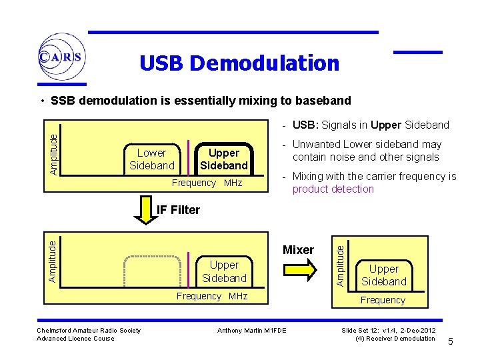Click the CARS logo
pyautogui.click(x=61, y=57)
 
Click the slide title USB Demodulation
pyautogui.click(x=239, y=63)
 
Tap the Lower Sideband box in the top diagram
pyautogui.click(x=152, y=159)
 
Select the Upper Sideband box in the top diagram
pyautogui.click(x=224, y=159)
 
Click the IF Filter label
pyautogui.click(x=177, y=210)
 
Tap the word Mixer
pyautogui.click(x=298, y=250)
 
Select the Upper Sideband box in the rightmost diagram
pyautogui.click(x=384, y=275)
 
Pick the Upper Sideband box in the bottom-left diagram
pyautogui.click(x=224, y=271)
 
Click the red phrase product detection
pyautogui.click(x=333, y=189)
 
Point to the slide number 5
pyautogui.click(x=451, y=342)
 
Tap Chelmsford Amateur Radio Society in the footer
pyautogui.click(x=89, y=330)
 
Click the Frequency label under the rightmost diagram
pyautogui.click(x=383, y=300)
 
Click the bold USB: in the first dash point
pyautogui.click(x=305, y=125)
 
